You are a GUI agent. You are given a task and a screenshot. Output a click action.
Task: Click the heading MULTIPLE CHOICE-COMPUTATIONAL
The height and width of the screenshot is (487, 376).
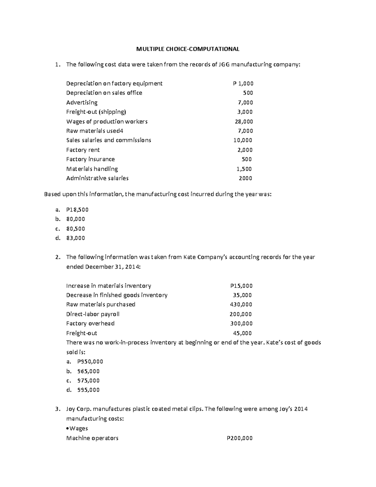187,49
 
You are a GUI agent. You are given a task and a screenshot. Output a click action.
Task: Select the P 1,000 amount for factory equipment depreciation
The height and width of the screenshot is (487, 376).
243,83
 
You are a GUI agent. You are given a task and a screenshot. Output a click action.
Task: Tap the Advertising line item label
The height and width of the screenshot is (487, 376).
82,103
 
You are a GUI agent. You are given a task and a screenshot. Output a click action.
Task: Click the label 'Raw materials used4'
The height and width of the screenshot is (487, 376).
92,131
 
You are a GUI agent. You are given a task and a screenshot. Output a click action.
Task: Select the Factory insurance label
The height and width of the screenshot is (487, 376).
90,159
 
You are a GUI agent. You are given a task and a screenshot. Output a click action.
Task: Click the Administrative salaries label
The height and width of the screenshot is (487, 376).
97,178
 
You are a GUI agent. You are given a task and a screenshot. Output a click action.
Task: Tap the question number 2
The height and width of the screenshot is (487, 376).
57,257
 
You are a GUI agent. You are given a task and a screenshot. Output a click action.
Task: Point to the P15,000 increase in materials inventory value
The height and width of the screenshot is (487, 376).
241,286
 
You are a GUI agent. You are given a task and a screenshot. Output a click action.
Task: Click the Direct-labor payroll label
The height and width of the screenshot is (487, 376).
93,314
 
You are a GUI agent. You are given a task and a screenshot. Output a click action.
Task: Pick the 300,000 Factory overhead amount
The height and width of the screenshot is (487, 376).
241,323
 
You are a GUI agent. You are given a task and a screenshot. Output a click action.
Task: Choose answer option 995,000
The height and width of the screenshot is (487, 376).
88,390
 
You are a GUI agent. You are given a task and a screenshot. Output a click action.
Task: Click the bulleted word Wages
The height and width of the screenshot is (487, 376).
79,428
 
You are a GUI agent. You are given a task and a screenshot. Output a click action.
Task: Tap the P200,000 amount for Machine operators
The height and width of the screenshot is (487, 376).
239,438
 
